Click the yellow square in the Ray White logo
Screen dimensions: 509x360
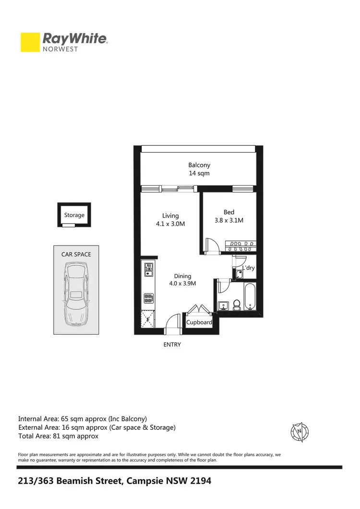pos(30,42)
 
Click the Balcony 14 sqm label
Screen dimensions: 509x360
pos(199,169)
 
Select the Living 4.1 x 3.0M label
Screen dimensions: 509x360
pos(170,220)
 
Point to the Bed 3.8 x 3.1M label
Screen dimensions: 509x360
pos(229,216)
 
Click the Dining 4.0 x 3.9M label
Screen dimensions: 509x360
pos(182,280)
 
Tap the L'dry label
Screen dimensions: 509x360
pos(249,268)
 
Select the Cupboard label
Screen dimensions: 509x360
pos(199,322)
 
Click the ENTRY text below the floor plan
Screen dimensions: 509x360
pos(172,344)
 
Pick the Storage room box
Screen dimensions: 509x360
pos(74,215)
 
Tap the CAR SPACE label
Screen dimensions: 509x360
pos(76,254)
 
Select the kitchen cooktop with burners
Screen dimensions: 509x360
pos(148,298)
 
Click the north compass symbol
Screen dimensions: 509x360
pos(300,432)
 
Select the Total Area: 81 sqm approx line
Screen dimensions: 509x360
pos(58,436)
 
